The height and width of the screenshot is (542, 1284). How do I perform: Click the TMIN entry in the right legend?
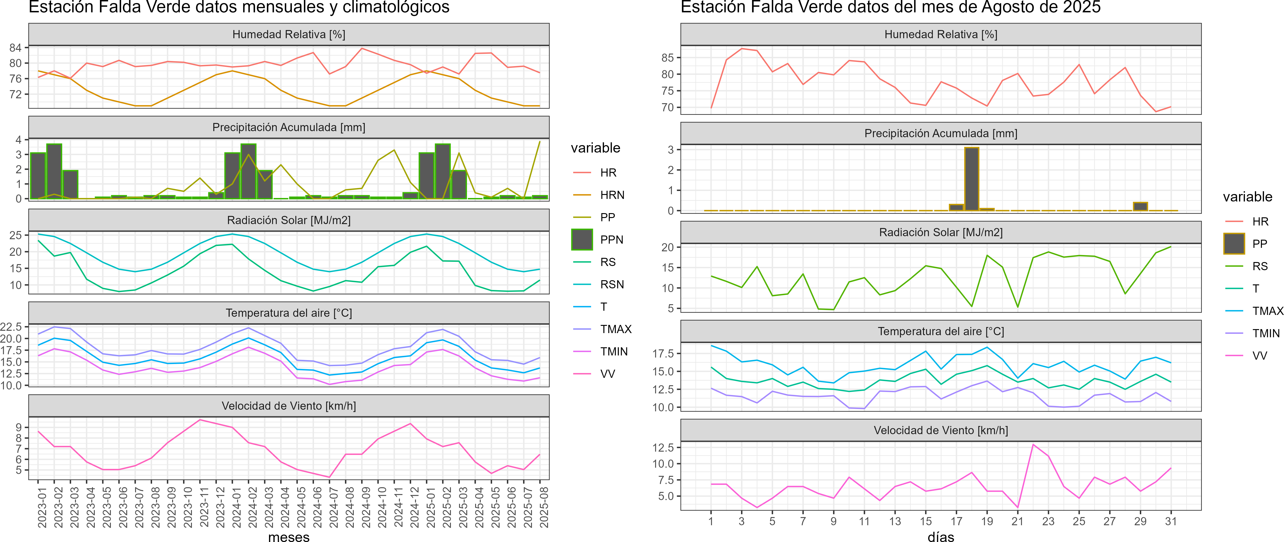(x=1266, y=333)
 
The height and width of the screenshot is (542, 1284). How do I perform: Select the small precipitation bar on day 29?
(x=1141, y=206)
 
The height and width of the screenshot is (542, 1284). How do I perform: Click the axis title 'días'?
(x=940, y=536)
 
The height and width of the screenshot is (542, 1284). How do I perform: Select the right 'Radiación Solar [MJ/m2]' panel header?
(x=940, y=232)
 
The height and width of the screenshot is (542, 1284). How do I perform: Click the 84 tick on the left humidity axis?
(x=15, y=48)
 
